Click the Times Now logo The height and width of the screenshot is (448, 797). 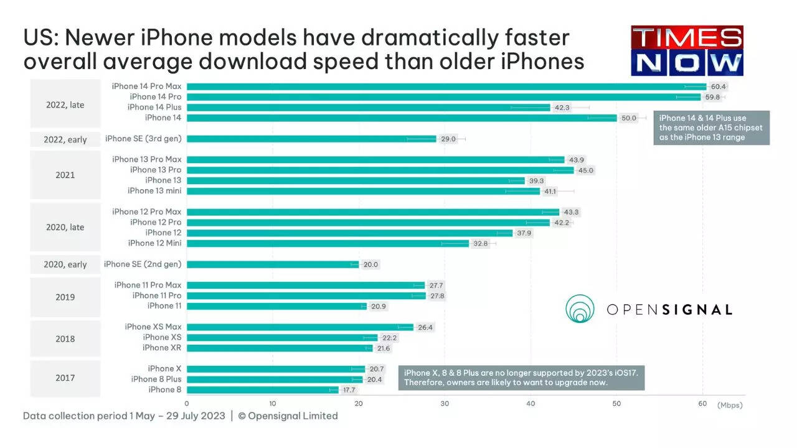[687, 51]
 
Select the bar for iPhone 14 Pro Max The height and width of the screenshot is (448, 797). [446, 86]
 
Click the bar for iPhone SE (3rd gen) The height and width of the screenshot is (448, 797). [311, 139]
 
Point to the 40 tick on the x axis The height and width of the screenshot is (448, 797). [531, 404]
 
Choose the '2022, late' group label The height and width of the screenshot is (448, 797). [65, 105]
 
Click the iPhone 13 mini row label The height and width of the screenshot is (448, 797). [154, 191]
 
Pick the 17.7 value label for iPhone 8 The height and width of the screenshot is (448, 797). [349, 390]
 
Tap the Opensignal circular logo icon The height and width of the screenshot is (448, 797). [580, 309]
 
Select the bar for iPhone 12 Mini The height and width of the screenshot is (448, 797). [328, 243]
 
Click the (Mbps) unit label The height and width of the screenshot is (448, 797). [730, 405]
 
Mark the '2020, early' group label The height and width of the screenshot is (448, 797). [65, 264]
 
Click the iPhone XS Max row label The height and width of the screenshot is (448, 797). [153, 327]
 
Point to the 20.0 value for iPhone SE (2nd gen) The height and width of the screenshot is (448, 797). [370, 264]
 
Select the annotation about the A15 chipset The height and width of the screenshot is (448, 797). [711, 128]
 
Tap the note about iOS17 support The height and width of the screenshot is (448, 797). [521, 378]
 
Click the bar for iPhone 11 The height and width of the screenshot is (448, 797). [276, 306]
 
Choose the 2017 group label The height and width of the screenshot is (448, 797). [65, 378]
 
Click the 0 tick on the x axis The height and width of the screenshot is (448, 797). [187, 404]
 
